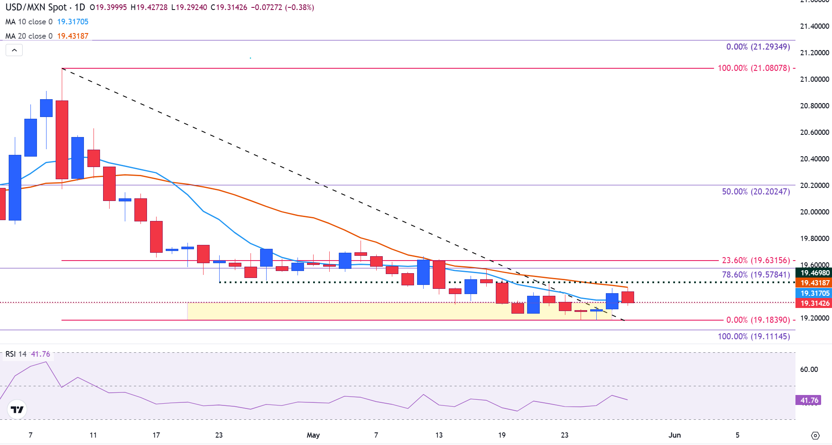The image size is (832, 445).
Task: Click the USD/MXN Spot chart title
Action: (37, 7)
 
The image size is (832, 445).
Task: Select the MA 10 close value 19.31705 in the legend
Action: (73, 22)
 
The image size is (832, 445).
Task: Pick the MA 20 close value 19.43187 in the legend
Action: (73, 36)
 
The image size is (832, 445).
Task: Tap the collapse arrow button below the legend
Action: (14, 50)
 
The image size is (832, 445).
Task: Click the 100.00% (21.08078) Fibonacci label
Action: (754, 68)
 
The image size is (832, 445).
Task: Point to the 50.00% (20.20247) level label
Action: (756, 191)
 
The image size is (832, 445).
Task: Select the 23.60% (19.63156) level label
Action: (756, 261)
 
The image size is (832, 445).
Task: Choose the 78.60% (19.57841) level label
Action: (756, 275)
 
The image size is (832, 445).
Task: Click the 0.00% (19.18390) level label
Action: (758, 320)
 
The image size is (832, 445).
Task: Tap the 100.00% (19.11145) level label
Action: (754, 336)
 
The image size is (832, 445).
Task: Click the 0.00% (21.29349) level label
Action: (758, 47)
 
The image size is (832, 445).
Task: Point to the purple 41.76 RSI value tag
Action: (809, 400)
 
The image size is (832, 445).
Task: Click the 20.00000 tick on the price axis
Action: (814, 212)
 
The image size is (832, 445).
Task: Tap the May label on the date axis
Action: (313, 435)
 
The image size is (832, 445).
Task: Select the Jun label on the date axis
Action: (675, 435)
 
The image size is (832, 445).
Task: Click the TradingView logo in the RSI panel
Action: (17, 409)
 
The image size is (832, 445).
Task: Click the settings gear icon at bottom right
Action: (815, 435)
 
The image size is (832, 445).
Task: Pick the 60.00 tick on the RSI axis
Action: (809, 369)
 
